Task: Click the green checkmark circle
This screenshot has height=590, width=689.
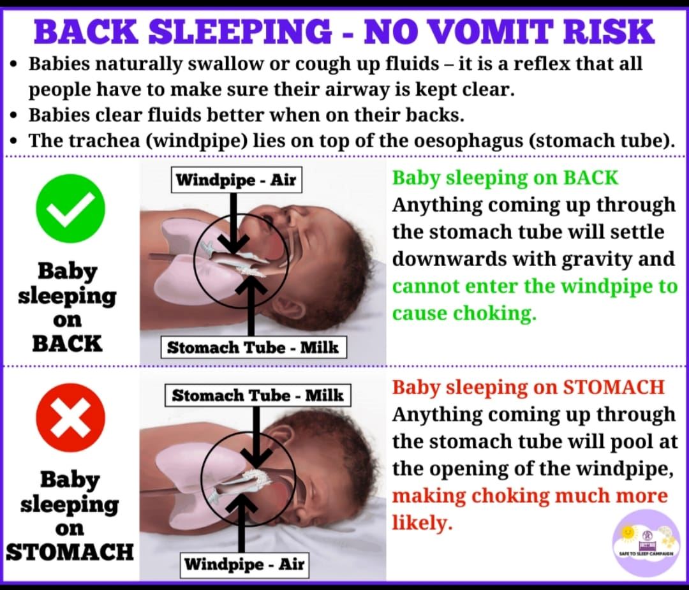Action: [x=70, y=208]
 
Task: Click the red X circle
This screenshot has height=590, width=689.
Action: [x=70, y=417]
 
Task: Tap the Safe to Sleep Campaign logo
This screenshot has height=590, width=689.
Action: [x=646, y=543]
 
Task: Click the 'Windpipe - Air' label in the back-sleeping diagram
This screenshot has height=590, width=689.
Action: [x=237, y=180]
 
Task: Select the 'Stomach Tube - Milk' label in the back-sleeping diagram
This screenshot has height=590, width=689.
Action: [x=253, y=348]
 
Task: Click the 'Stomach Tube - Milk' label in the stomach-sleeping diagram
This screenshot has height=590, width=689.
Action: [x=258, y=395]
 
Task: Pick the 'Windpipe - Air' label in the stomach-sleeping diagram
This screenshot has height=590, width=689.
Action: [x=244, y=564]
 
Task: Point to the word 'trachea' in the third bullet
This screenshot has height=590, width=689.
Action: [x=105, y=141]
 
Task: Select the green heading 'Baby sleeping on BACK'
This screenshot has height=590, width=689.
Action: [x=505, y=179]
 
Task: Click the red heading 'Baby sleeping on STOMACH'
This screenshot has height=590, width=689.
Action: [x=528, y=388]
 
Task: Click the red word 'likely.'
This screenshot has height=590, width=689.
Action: [x=422, y=523]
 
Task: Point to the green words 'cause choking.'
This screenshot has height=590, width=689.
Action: [x=464, y=314]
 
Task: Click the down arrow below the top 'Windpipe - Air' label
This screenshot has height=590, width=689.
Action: [x=233, y=224]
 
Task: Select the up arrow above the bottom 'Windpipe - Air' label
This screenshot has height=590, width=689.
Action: [x=241, y=523]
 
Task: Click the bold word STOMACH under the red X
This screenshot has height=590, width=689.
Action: [x=70, y=552]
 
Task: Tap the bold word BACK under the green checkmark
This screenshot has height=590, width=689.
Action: [x=67, y=344]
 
